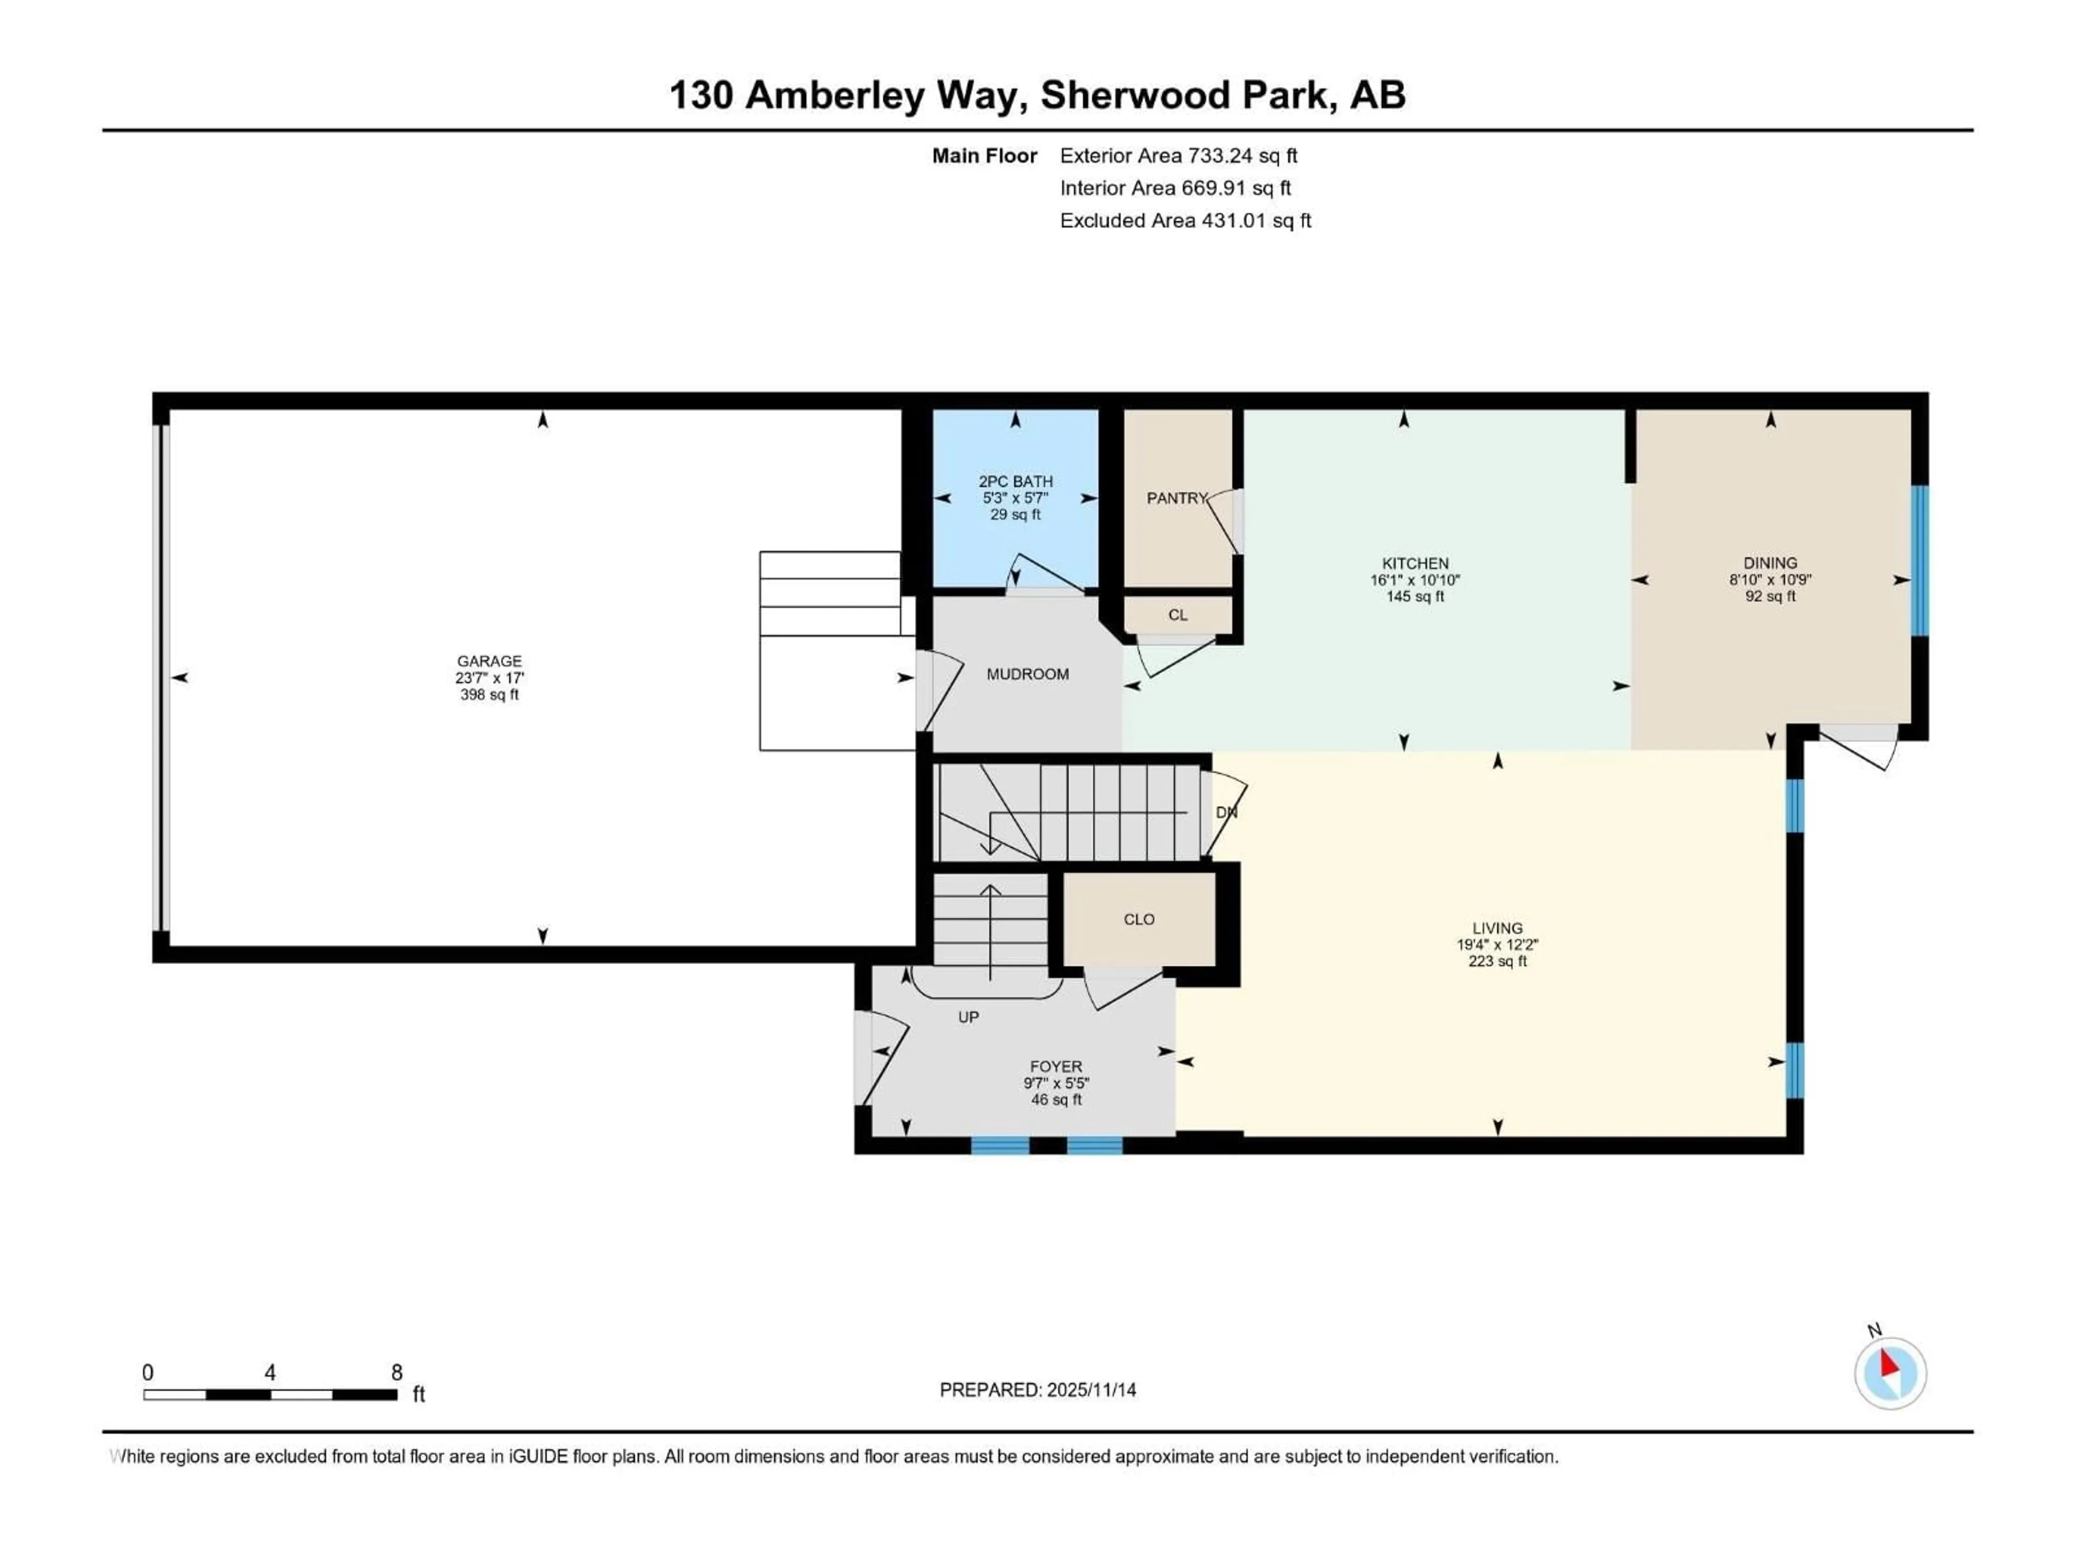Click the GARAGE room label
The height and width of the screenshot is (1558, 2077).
pyautogui.click(x=489, y=661)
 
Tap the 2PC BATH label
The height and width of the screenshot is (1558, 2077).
pyautogui.click(x=1015, y=481)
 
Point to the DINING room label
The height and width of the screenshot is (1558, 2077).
pyautogui.click(x=1770, y=564)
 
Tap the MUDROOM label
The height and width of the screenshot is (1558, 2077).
pyautogui.click(x=1027, y=674)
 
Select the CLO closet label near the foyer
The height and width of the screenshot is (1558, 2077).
pyautogui.click(x=1139, y=920)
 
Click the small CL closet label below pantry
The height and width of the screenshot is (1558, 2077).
pyautogui.click(x=1178, y=615)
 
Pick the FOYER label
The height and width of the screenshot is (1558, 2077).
pyautogui.click(x=1055, y=1067)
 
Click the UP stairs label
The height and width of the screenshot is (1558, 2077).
pyautogui.click(x=968, y=1017)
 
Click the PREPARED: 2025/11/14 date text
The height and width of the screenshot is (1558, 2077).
pyautogui.click(x=1037, y=1390)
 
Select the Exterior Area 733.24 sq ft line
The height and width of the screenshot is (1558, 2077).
pyautogui.click(x=1179, y=156)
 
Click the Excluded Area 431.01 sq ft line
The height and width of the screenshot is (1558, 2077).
pyautogui.click(x=1185, y=221)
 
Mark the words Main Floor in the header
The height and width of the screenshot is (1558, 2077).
pyautogui.click(x=984, y=156)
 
